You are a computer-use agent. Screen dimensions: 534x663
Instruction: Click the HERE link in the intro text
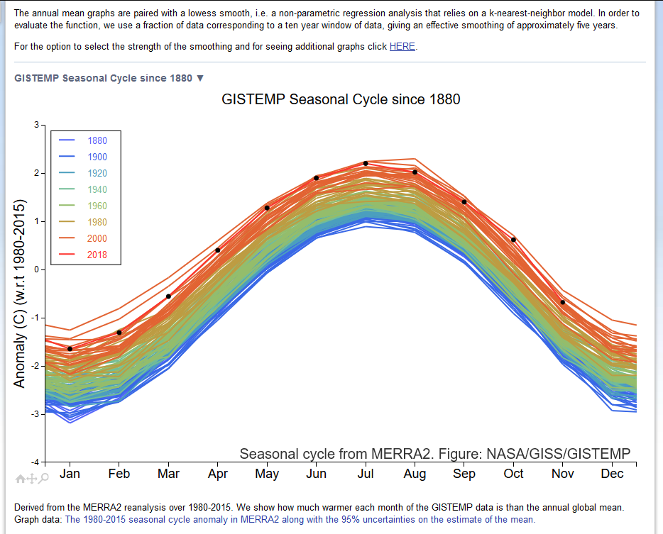coord(402,47)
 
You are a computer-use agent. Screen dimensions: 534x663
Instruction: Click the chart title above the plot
coord(341,99)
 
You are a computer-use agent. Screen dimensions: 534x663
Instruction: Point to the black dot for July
coord(366,164)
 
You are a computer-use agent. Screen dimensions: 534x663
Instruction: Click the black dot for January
coord(70,349)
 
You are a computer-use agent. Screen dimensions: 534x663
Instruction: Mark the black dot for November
coord(563,302)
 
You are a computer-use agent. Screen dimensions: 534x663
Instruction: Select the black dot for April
coord(217,250)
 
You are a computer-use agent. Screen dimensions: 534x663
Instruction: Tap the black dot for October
coord(513,240)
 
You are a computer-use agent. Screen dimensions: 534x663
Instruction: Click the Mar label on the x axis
coord(168,474)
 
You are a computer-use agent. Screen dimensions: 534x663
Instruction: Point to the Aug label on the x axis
coord(415,474)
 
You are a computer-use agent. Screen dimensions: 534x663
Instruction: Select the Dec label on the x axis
coord(612,474)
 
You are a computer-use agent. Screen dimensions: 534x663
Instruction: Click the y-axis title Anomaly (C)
coord(20,294)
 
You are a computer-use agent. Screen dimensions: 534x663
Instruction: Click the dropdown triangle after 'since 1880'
coord(200,78)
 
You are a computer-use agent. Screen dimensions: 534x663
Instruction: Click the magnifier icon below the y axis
coord(44,479)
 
